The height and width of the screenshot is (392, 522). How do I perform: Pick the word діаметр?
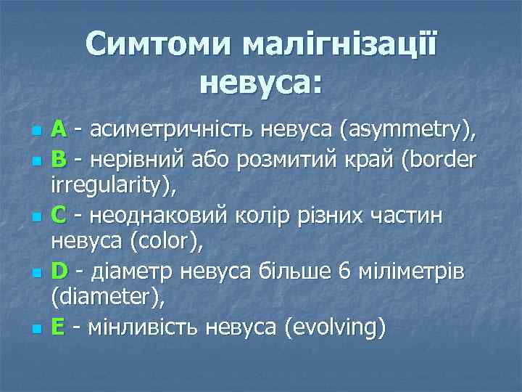click(125, 272)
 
